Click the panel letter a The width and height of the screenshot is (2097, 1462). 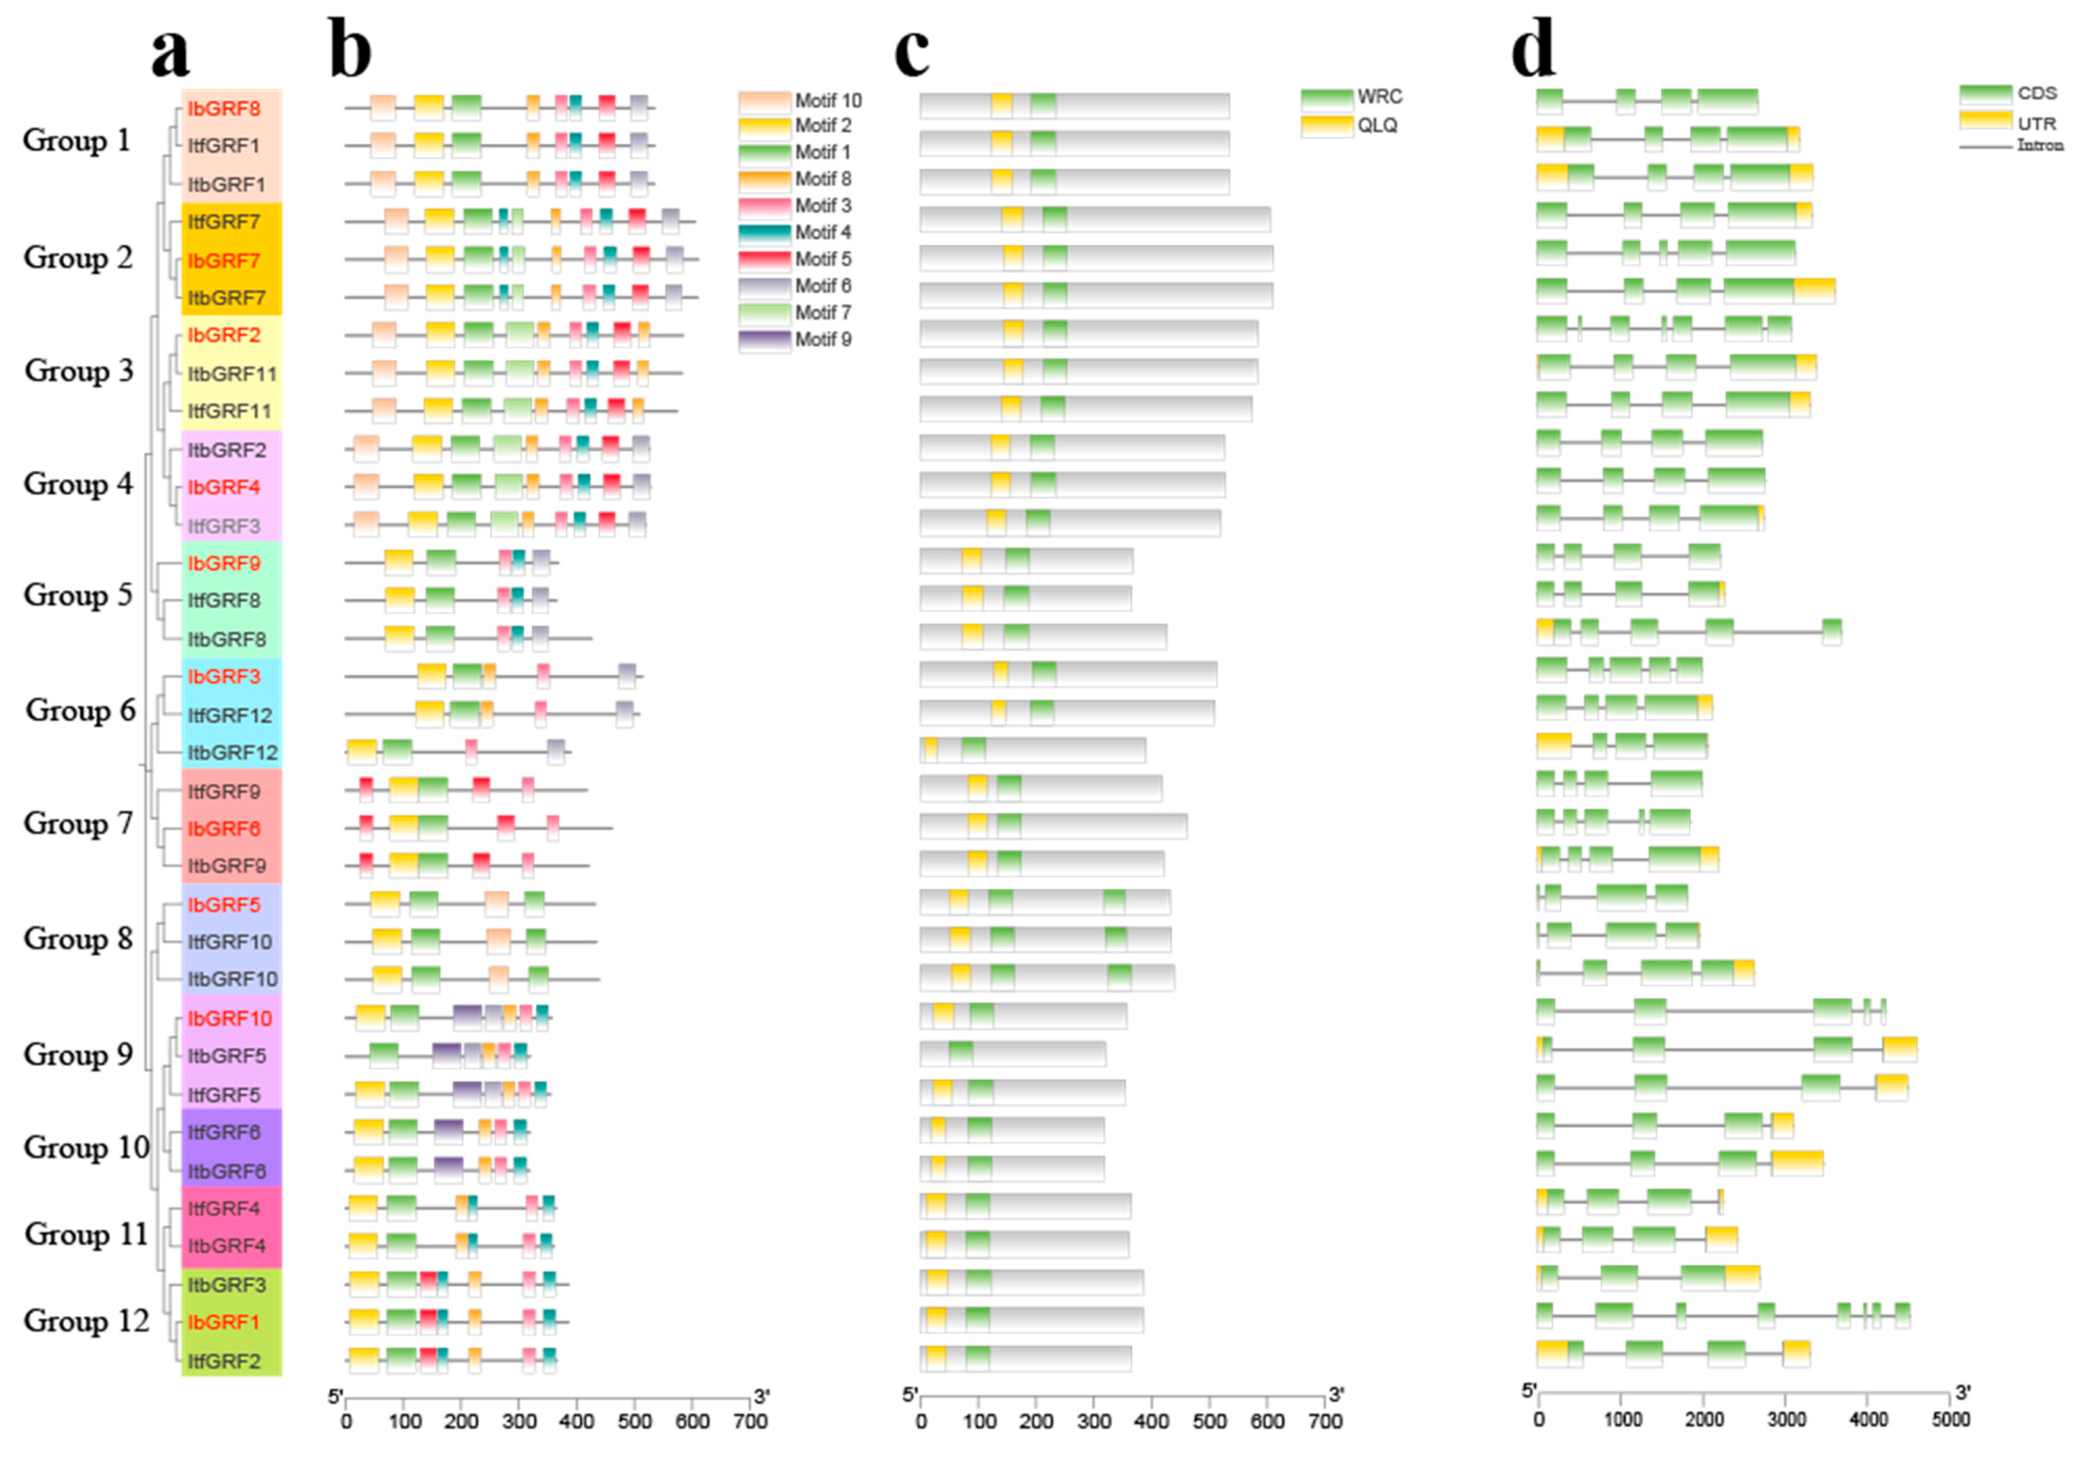coord(171,52)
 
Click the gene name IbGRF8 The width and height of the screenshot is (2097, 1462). coord(224,109)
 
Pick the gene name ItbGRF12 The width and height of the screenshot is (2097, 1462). coord(232,752)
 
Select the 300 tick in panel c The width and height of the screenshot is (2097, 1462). coord(1094,1422)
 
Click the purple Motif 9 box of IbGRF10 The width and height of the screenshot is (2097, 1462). coord(467,1017)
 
